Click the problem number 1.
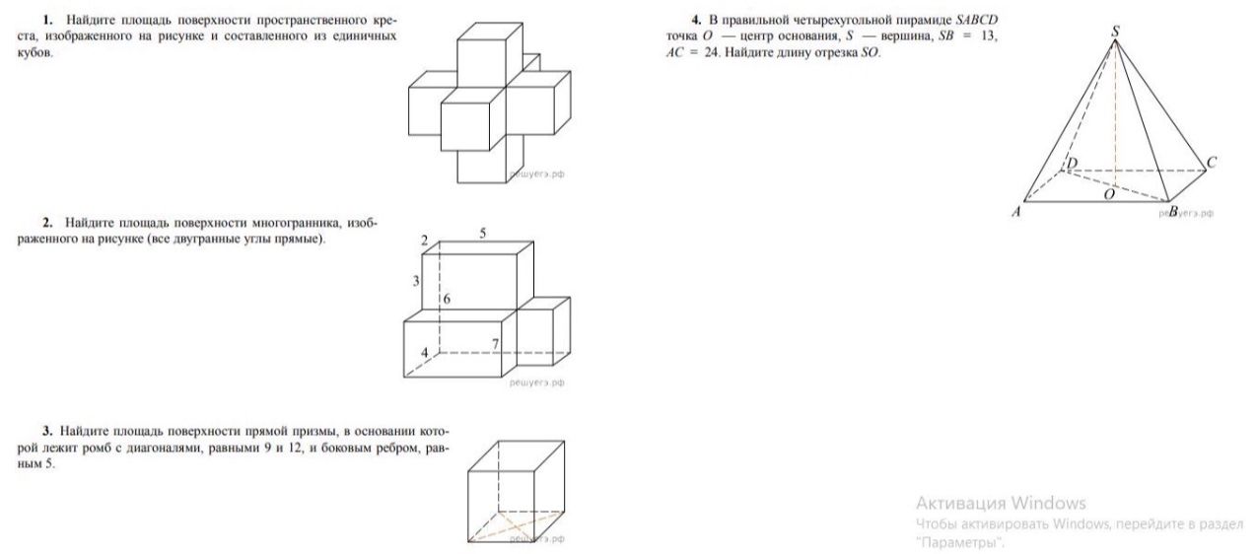click(48, 20)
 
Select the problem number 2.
click(47, 223)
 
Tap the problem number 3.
click(47, 432)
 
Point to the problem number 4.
click(697, 20)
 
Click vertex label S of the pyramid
click(1115, 32)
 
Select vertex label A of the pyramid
click(1016, 212)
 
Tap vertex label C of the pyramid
click(1211, 163)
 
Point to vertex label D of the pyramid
click(1072, 164)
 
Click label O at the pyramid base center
click(1109, 194)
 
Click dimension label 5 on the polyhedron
click(483, 234)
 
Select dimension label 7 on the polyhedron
click(495, 344)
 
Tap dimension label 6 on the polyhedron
click(447, 299)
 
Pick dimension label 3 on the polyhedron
click(416, 280)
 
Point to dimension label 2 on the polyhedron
click(425, 241)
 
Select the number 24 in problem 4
click(712, 53)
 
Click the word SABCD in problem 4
click(977, 20)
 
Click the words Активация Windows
click(1001, 503)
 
